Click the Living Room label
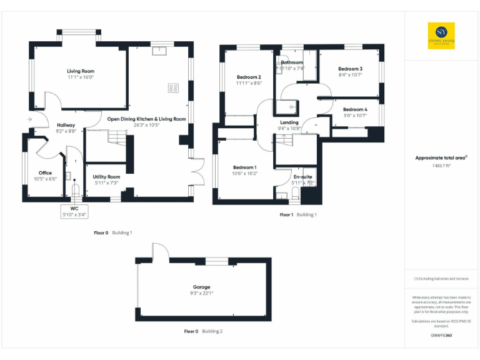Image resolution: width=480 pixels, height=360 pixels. (x=81, y=71)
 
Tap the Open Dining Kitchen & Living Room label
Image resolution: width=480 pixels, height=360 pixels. (x=146, y=119)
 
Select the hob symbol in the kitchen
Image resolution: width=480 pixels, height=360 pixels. (x=173, y=88)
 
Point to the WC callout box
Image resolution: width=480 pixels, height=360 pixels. (x=75, y=211)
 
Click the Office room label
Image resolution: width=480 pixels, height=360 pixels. (x=45, y=172)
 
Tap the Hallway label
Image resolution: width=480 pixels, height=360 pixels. (x=66, y=125)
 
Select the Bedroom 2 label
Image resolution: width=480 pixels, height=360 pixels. (x=249, y=77)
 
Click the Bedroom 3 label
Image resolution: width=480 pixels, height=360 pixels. (x=350, y=69)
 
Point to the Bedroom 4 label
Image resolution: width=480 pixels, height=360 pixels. (x=355, y=109)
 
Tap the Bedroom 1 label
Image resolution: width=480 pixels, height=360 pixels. (x=245, y=167)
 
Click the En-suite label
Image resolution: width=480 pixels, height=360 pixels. (x=302, y=177)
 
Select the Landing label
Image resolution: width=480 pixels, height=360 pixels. (x=289, y=122)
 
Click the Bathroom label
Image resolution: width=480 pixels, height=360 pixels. (x=292, y=62)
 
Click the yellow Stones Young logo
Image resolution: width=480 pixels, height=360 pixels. (x=441, y=36)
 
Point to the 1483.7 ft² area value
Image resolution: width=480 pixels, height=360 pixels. (x=441, y=166)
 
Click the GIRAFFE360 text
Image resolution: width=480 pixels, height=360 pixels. (x=441, y=336)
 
